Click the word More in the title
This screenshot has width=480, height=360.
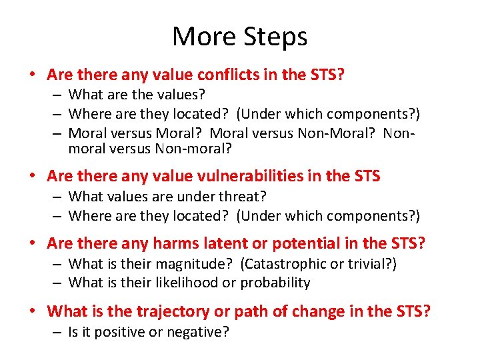[x=201, y=37]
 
